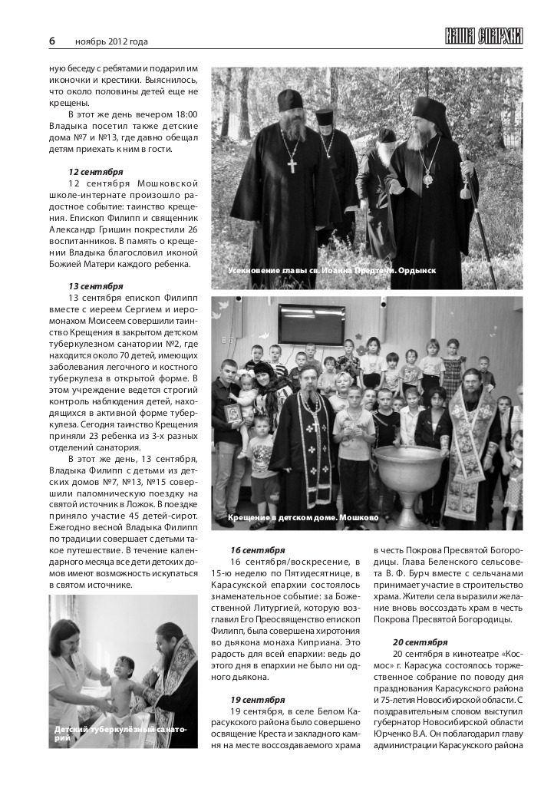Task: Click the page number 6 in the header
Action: tap(52, 41)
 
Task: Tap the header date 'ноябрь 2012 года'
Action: tap(111, 41)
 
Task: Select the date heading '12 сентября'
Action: tap(95, 171)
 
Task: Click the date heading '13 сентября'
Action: tap(95, 285)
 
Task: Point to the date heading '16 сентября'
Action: tap(257, 550)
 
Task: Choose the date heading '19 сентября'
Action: tap(257, 699)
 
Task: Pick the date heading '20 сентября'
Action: tap(420, 642)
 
